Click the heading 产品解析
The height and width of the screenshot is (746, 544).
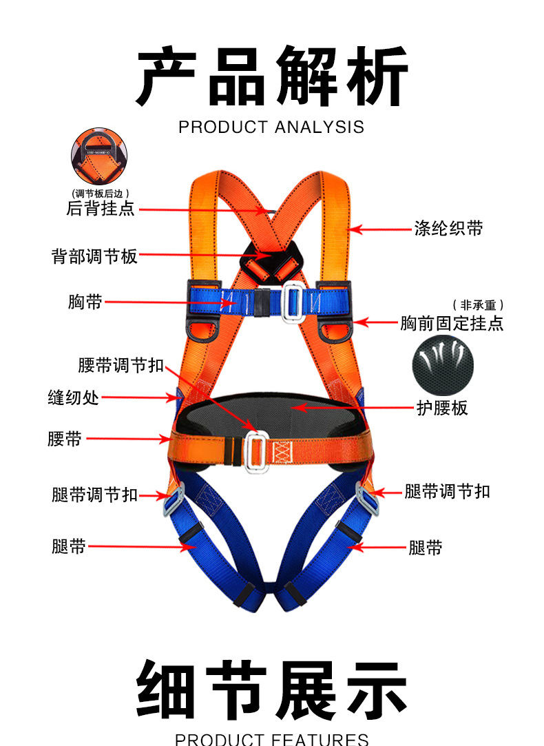point(271,76)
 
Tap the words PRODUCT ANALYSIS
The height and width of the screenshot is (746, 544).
point(271,127)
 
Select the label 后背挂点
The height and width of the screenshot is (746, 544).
point(101,208)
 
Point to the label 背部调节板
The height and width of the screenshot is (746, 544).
point(95,256)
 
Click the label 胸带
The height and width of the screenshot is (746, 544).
point(85,302)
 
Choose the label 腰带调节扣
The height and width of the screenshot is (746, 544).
point(121,365)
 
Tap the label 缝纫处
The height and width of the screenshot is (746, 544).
point(73,397)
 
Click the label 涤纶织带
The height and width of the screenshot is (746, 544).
point(448,228)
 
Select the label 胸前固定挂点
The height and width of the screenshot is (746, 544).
point(452,322)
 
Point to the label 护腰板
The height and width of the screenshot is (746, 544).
point(442,408)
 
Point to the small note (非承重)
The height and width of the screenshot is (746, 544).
point(478,304)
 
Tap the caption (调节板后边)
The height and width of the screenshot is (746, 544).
point(101,194)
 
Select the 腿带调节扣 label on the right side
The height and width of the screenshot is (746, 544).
point(448,491)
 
